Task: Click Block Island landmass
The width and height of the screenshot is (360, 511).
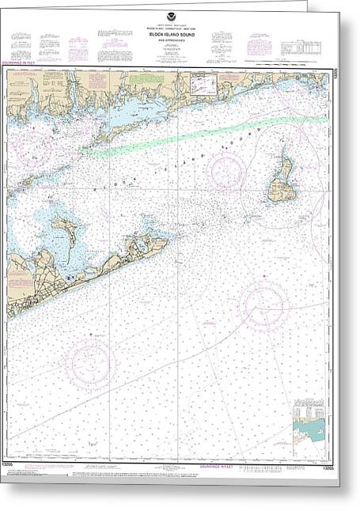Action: pos(279,179)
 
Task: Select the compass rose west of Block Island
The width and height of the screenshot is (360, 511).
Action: pos(229,171)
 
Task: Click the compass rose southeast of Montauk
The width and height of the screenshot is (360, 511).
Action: pos(263,305)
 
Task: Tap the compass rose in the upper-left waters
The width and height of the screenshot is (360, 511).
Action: pos(29,147)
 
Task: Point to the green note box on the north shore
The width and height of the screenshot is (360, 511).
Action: pos(144,78)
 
